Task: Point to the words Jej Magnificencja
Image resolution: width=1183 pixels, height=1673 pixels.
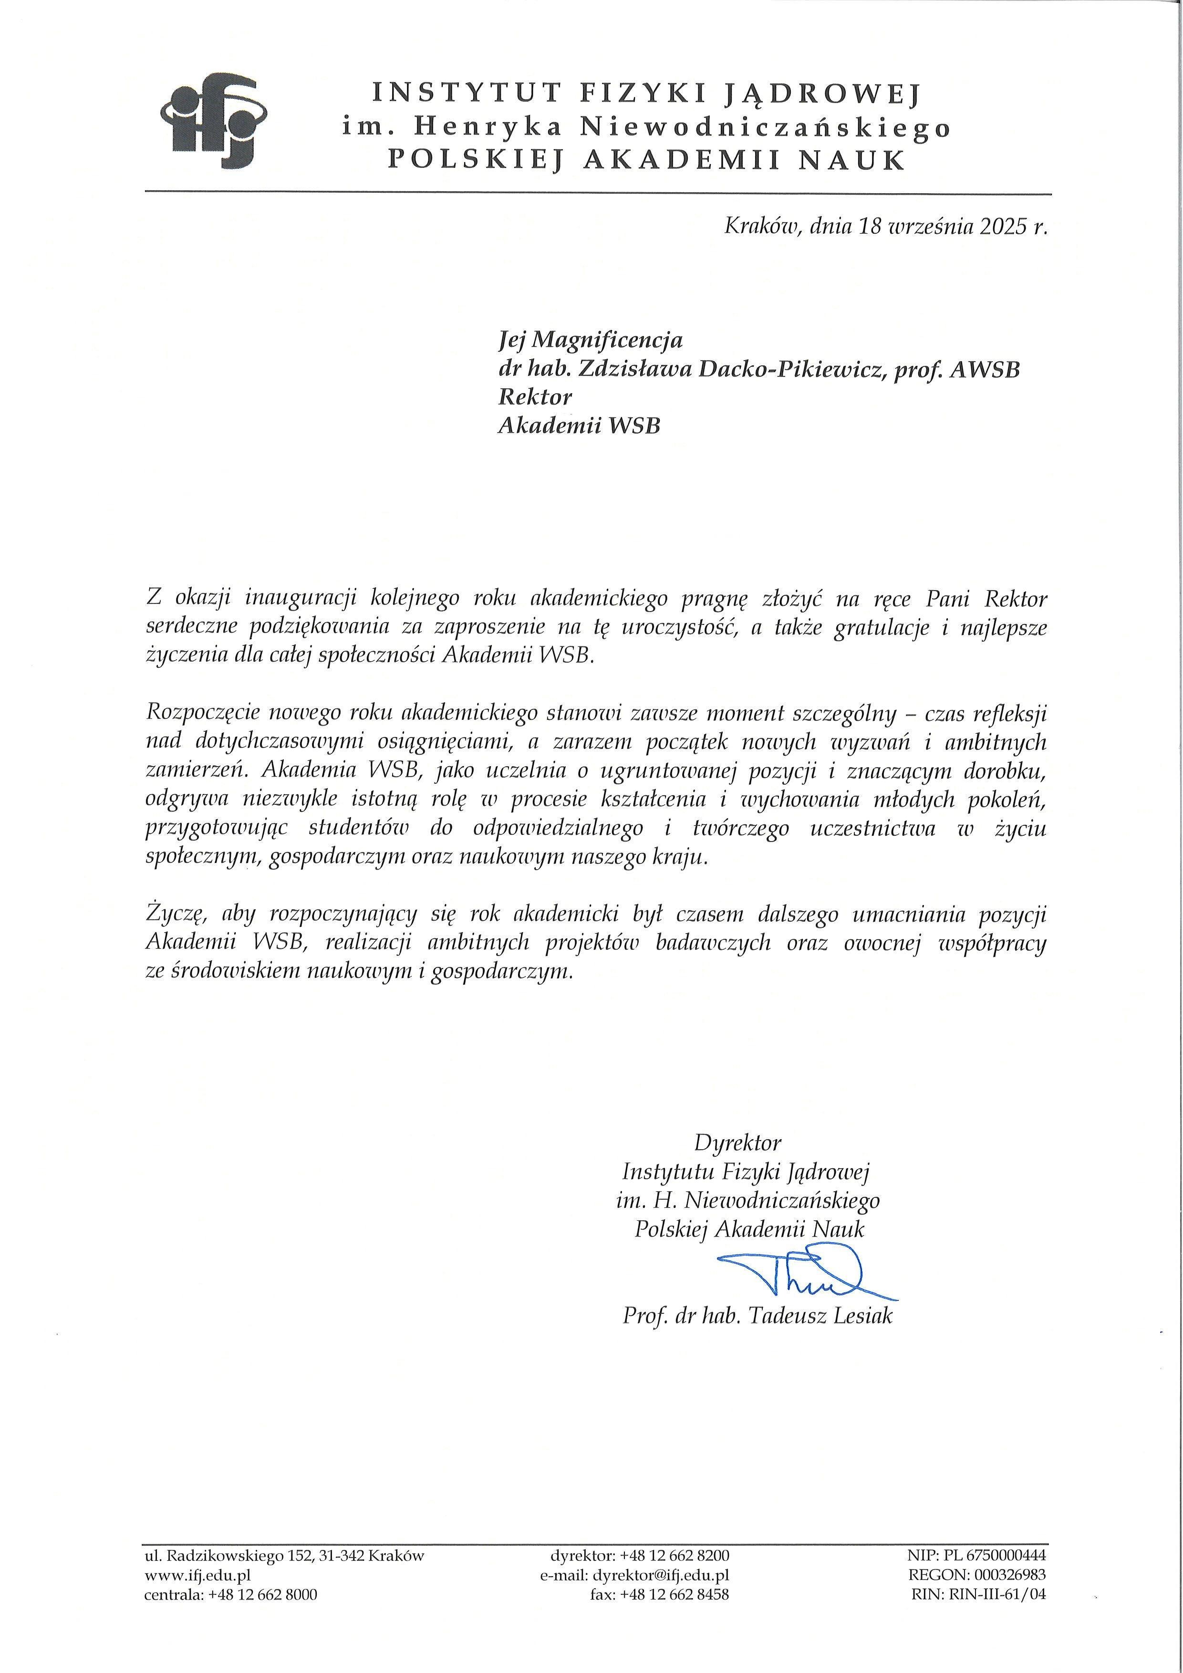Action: click(590, 340)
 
